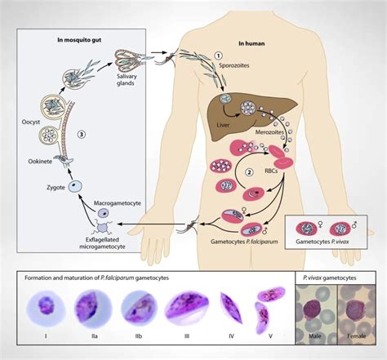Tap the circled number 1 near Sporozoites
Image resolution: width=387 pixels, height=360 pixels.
[x=218, y=56]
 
